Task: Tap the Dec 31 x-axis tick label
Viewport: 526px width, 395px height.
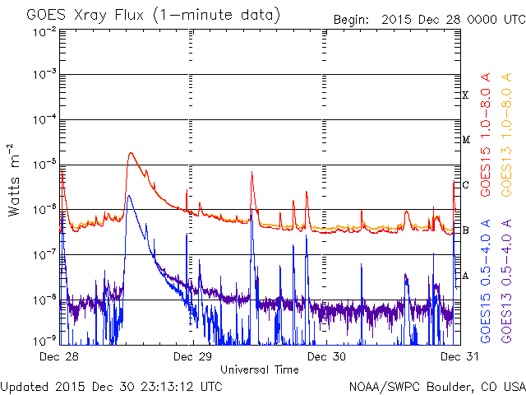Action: point(454,357)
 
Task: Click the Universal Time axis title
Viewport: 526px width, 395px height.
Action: point(259,369)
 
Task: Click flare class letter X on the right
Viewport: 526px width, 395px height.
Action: point(465,95)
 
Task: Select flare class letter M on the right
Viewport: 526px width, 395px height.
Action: point(465,140)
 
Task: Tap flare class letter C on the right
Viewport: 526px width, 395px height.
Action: point(465,185)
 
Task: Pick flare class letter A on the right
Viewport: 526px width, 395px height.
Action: point(465,276)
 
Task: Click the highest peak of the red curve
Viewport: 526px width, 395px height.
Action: point(130,153)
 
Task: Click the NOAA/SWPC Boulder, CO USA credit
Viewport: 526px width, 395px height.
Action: point(436,386)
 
